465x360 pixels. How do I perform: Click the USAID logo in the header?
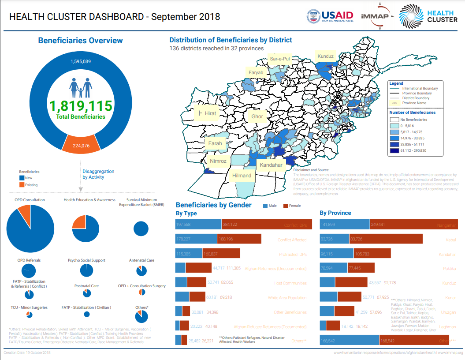[331, 16]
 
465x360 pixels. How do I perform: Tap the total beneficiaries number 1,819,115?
[81, 106]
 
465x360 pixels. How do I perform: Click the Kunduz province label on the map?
[326, 56]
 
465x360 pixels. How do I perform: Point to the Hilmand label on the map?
[242, 176]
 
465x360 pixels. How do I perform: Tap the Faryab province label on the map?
[256, 72]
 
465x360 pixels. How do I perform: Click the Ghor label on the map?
[257, 117]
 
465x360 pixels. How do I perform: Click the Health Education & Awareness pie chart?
[86, 229]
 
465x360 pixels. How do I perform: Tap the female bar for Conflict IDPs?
[267, 224]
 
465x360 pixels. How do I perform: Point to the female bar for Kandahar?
[372, 254]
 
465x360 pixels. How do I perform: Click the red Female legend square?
[285, 206]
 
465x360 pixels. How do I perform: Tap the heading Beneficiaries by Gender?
[213, 205]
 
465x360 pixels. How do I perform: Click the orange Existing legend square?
[22, 185]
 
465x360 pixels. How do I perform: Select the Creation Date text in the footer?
[27, 353]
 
